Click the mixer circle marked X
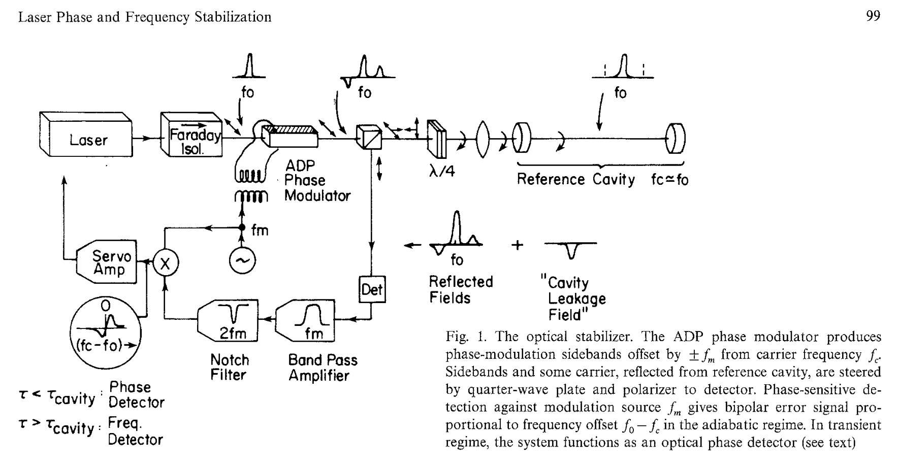coord(164,263)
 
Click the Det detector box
coord(372,289)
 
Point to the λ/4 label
coord(441,172)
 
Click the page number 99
coord(873,17)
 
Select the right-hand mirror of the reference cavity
coord(676,137)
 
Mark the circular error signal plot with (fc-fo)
coord(106,333)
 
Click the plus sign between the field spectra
coord(518,245)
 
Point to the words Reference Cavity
coord(575,179)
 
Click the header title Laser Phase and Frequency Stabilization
coord(145,17)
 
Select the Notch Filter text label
coord(230,368)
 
